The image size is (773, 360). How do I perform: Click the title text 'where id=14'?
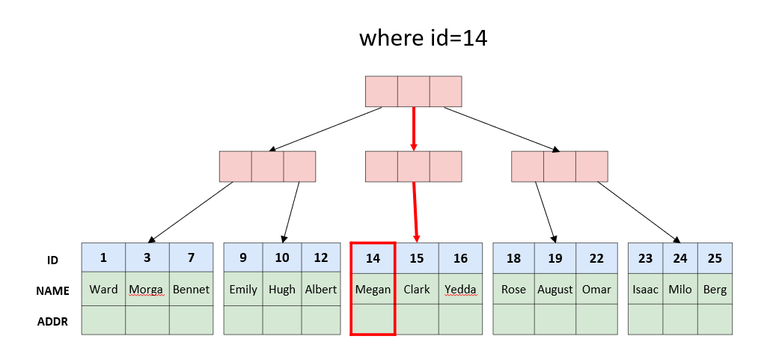pos(423,38)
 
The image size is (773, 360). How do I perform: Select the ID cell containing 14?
pos(373,257)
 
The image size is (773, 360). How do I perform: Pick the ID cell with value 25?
pos(715,257)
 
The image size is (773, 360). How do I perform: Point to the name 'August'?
pos(555,289)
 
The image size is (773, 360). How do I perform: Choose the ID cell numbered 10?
pos(282,257)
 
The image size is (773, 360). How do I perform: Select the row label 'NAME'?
pos(52,291)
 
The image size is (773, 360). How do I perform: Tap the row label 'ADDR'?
pos(52,322)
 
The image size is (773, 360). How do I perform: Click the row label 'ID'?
pos(52,260)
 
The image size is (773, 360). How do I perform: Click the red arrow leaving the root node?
pos(414,129)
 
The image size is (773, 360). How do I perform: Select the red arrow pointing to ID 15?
pos(415,212)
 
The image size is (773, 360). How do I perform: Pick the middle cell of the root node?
pos(414,91)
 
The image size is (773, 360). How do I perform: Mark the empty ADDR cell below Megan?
pos(373,320)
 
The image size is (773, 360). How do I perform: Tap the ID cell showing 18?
pos(513,257)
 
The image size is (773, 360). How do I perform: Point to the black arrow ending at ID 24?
pos(638,213)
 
